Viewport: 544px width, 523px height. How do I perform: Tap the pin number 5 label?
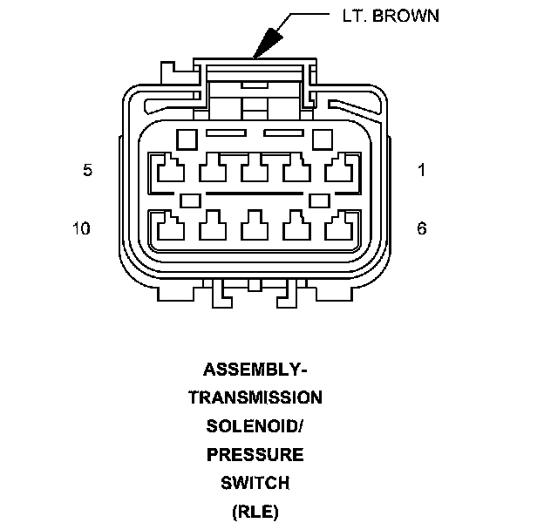pyautogui.click(x=87, y=170)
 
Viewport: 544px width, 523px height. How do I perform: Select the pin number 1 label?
pyautogui.click(x=422, y=170)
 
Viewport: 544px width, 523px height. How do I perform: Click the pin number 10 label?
pyautogui.click(x=81, y=228)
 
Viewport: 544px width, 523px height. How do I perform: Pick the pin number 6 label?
pyautogui.click(x=422, y=228)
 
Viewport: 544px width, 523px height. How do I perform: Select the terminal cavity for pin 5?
pyautogui.click(x=169, y=168)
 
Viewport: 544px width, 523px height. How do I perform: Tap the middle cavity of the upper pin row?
pyautogui.click(x=254, y=168)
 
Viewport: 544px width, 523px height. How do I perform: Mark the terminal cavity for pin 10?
pyautogui.click(x=169, y=228)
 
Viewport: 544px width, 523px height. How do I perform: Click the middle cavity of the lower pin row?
pyautogui.click(x=254, y=228)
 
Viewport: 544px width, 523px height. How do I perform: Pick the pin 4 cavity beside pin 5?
pyautogui.click(x=212, y=168)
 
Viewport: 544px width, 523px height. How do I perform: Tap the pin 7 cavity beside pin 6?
pyautogui.click(x=296, y=228)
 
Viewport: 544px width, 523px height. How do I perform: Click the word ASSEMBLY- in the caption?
pyautogui.click(x=255, y=369)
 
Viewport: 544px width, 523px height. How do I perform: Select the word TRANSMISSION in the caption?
pyautogui.click(x=255, y=397)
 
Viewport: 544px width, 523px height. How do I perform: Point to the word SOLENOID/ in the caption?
pyautogui.click(x=255, y=426)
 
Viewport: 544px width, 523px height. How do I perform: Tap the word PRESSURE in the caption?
pyautogui.click(x=255, y=454)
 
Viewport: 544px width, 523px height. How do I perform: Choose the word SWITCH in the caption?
pyautogui.click(x=255, y=483)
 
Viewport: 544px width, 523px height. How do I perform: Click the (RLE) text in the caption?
pyautogui.click(x=255, y=512)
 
